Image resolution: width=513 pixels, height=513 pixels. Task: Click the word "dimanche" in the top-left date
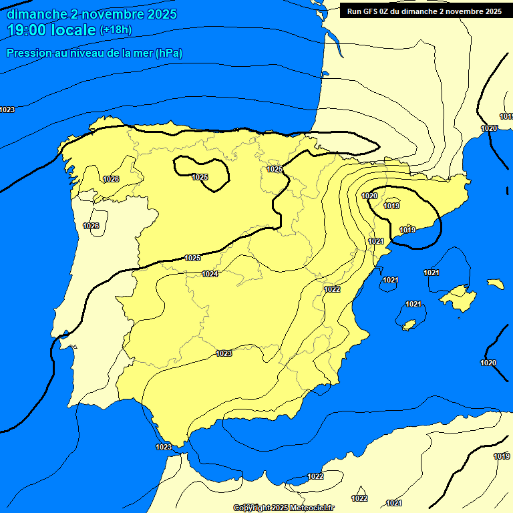(33, 14)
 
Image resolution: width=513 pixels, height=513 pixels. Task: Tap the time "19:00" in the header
(27, 30)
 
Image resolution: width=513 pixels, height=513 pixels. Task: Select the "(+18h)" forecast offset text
(116, 30)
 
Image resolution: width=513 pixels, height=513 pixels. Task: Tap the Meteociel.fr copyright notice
(283, 508)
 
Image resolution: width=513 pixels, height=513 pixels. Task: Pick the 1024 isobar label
(210, 274)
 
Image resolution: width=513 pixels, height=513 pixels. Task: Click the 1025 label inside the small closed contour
(200, 177)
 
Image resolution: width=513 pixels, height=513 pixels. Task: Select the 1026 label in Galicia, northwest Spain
(111, 179)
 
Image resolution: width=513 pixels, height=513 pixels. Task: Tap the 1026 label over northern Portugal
(91, 226)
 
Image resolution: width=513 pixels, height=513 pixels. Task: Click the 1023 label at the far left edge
(7, 110)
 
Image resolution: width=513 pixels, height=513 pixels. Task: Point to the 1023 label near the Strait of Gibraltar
(163, 447)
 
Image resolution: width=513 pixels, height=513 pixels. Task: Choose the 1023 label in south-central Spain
(224, 353)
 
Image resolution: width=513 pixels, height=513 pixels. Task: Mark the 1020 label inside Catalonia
(369, 196)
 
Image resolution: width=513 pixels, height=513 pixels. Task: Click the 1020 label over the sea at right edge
(488, 363)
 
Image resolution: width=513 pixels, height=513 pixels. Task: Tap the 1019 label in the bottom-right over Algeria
(502, 456)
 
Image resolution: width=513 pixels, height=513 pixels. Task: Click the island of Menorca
(495, 284)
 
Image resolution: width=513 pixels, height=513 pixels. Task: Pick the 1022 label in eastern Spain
(332, 289)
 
